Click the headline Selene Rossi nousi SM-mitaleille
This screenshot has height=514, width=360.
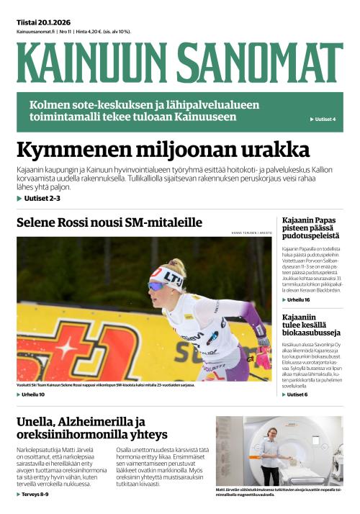pos(109,222)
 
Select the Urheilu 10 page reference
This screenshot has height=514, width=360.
pos(32,394)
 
